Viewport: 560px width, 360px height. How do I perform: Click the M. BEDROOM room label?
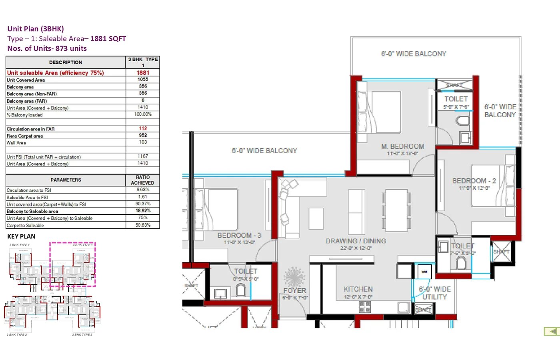point(402,146)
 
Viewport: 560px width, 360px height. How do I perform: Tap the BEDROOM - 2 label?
point(474,181)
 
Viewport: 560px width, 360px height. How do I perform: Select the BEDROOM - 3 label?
point(239,235)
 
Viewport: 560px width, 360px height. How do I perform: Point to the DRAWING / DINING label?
point(356,241)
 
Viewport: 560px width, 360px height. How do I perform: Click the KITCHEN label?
point(358,289)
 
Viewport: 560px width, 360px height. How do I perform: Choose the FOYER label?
point(295,290)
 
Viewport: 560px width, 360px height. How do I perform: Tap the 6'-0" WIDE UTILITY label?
point(435,293)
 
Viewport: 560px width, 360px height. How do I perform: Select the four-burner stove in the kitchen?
point(364,307)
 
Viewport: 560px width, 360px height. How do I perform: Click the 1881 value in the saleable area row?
point(143,73)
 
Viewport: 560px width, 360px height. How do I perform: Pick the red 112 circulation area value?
point(143,128)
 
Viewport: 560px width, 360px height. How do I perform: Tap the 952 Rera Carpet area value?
point(143,135)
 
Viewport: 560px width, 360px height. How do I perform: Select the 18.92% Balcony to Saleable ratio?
point(143,211)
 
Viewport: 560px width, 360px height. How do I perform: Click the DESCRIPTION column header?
point(66,62)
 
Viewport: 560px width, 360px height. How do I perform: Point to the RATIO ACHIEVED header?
point(142,180)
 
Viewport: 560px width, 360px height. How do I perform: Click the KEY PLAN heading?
point(21,236)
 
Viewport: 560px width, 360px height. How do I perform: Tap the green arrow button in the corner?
point(552,331)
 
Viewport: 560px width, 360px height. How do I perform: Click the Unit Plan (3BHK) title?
point(36,29)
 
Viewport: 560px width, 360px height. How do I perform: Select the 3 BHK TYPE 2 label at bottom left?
point(17,335)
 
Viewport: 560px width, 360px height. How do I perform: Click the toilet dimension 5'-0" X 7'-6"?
point(456,107)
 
